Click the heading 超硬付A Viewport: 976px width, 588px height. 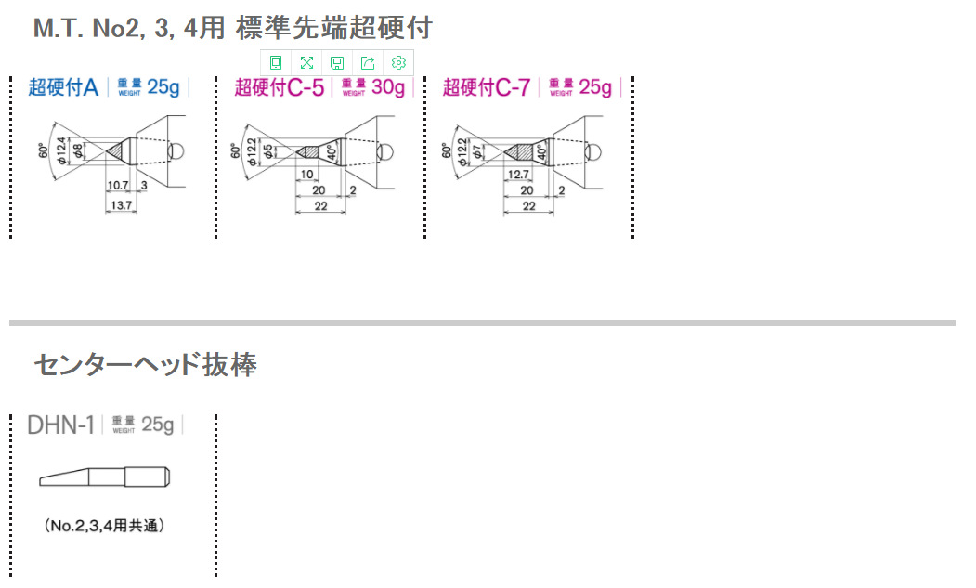tap(63, 87)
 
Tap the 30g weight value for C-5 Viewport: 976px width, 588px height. tap(389, 87)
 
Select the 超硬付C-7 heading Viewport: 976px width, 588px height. tap(486, 87)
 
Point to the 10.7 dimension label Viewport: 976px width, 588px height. tap(117, 186)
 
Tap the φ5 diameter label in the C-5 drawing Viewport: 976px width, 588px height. tap(267, 150)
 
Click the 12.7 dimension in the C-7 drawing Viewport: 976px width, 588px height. tap(518, 175)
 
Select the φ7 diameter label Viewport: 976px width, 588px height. tap(477, 150)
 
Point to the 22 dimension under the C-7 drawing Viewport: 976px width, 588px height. tap(528, 206)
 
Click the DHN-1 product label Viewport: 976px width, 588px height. tap(61, 425)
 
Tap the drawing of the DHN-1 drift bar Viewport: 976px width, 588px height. tap(104, 477)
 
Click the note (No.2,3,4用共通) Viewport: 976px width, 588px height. tap(104, 526)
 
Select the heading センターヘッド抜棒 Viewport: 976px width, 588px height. tap(145, 364)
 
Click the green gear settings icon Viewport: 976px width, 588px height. tap(398, 63)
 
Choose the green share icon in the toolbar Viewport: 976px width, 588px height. tap(368, 63)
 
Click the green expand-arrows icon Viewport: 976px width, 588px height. tap(306, 63)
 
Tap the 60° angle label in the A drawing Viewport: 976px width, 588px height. tap(43, 150)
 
